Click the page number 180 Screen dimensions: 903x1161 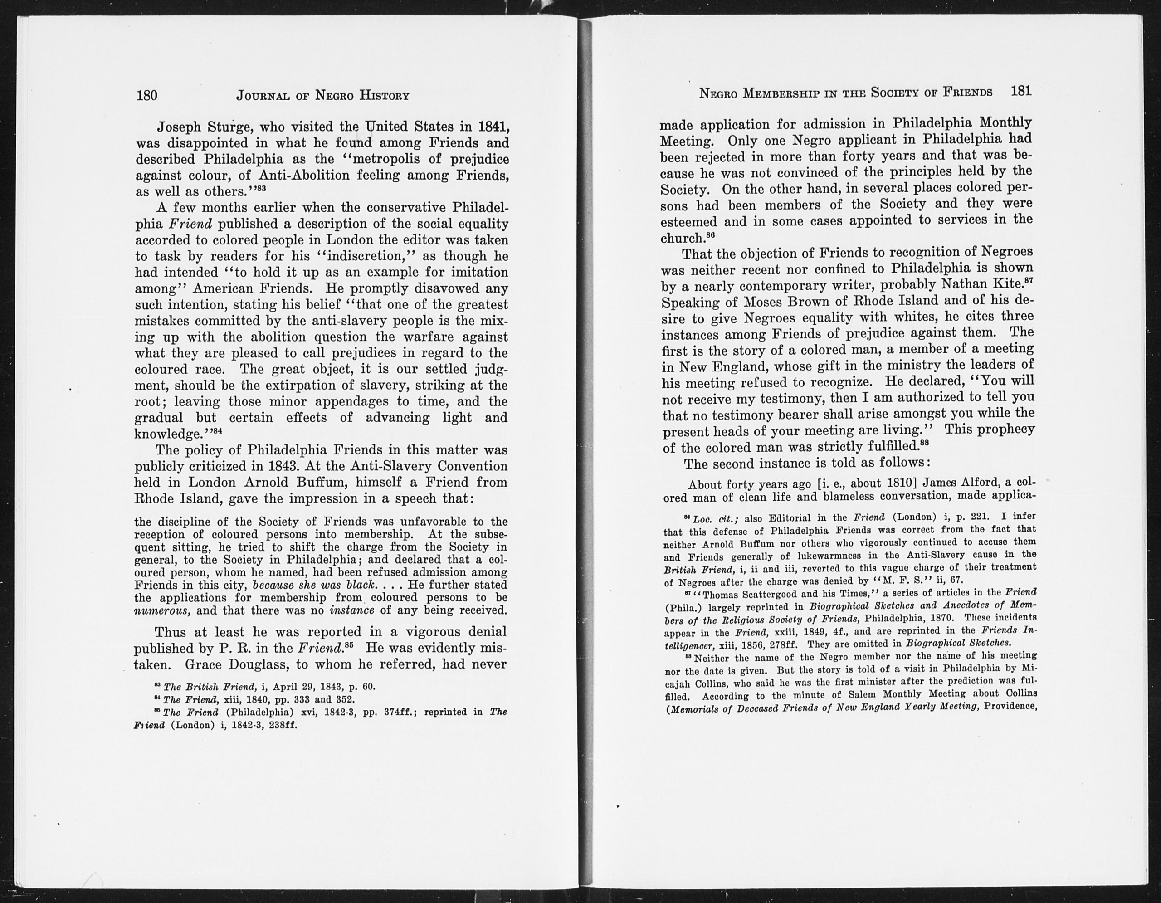[147, 95]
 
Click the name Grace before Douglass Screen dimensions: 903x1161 [210, 664]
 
